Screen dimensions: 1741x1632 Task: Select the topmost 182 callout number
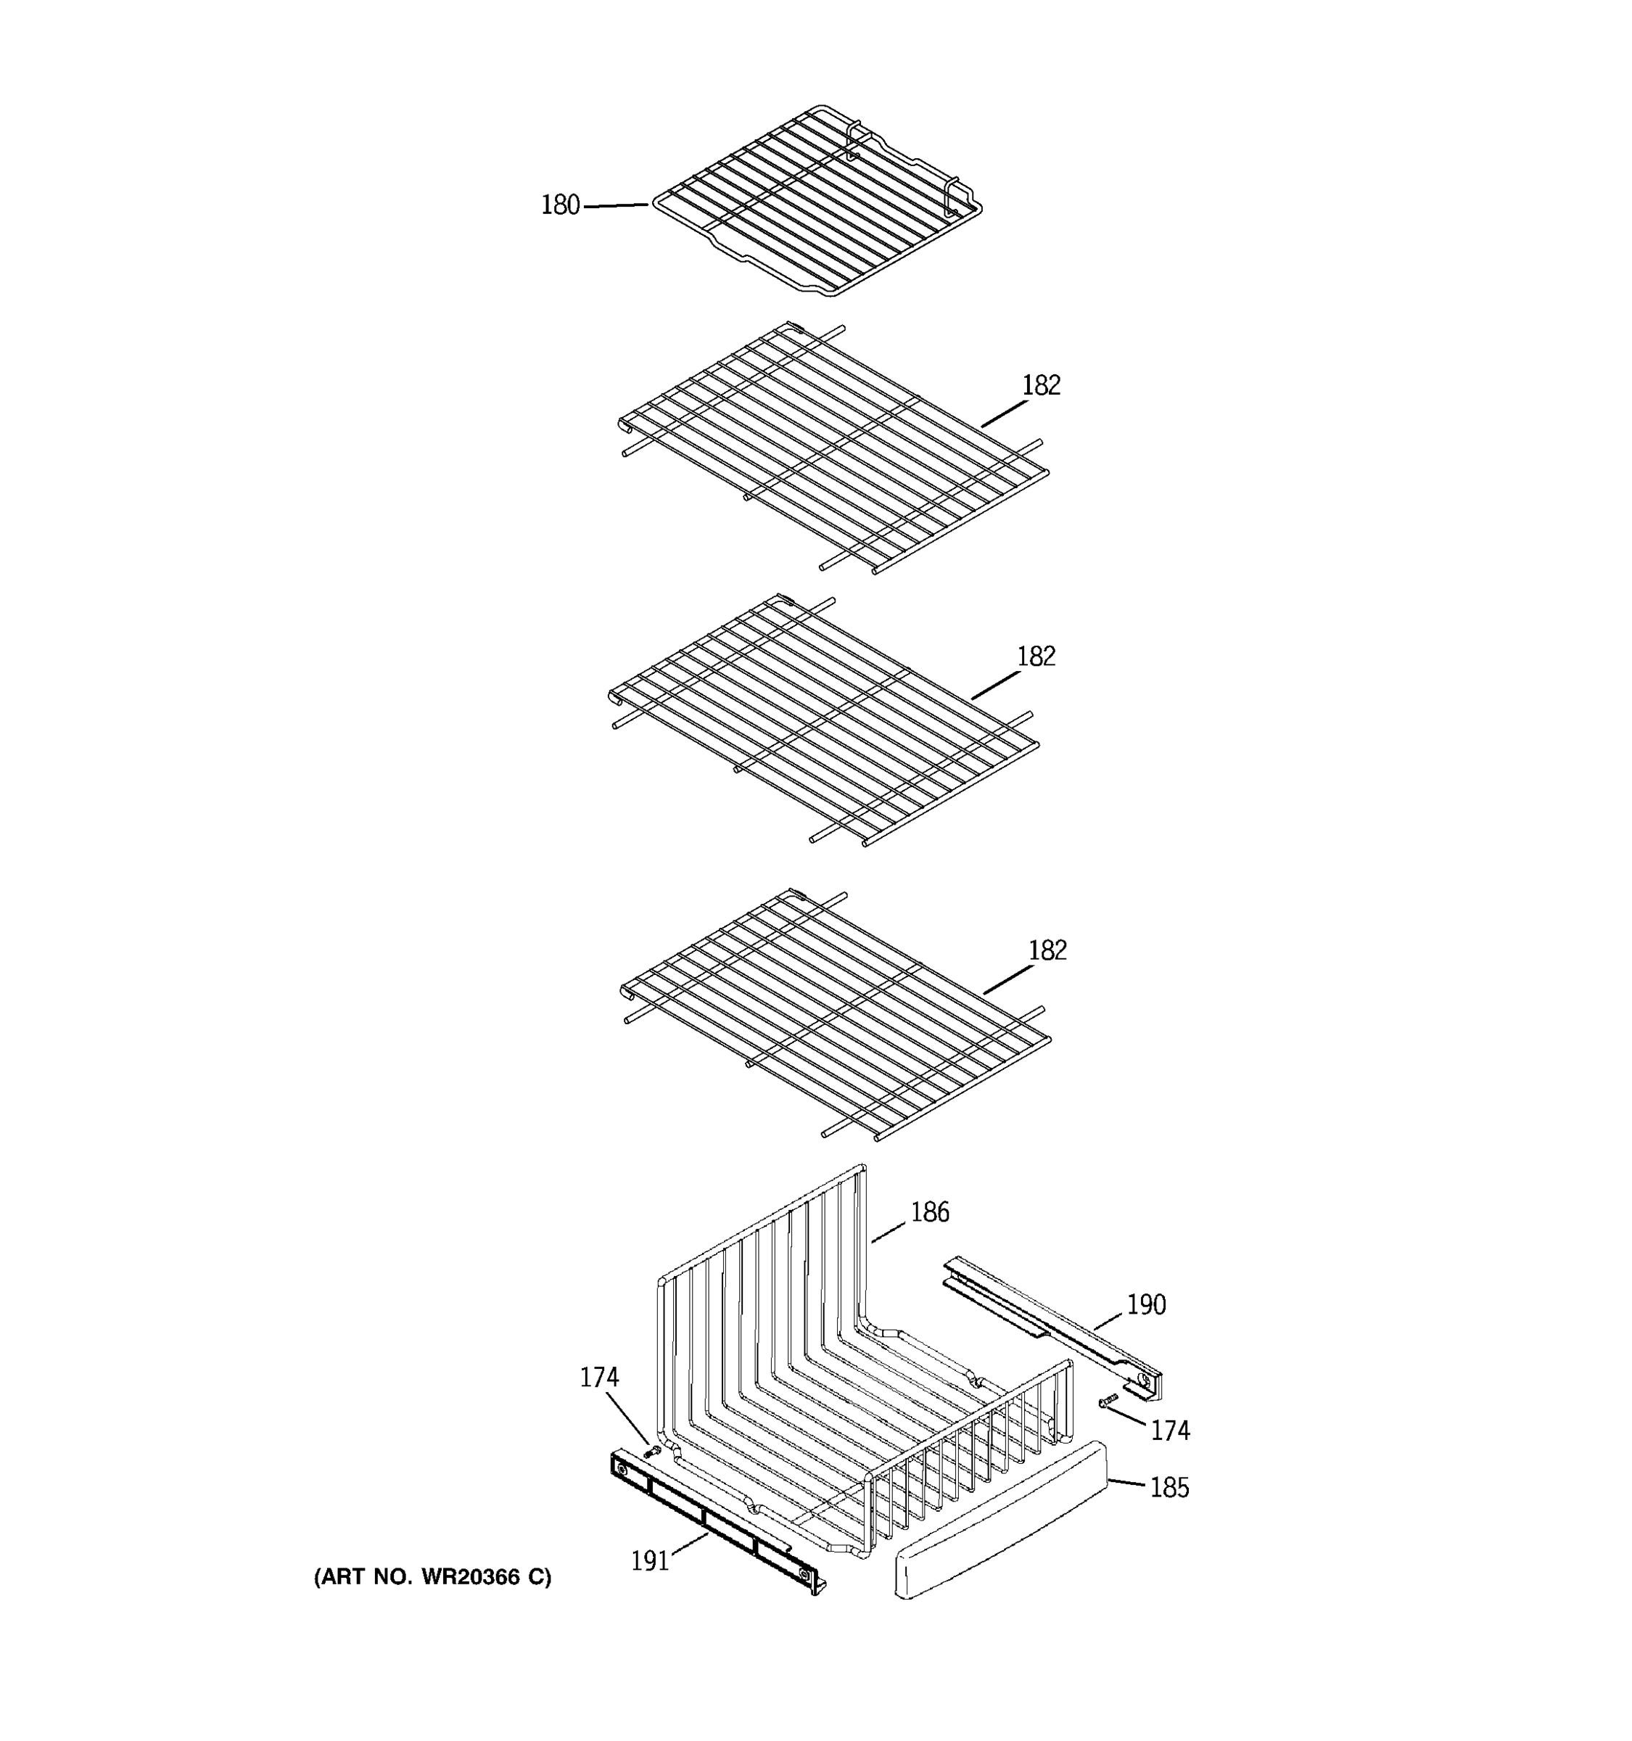pos(1041,385)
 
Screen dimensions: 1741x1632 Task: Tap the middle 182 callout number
pos(1036,656)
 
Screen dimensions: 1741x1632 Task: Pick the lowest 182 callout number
pos(1047,950)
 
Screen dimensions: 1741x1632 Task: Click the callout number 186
pos(930,1212)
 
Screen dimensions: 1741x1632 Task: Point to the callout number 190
pos(1145,1305)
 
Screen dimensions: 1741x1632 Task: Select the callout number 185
pos(1169,1487)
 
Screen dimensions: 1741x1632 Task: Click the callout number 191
pos(650,1560)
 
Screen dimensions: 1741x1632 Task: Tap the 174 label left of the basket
pos(599,1378)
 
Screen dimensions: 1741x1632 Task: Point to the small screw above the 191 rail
pos(651,1452)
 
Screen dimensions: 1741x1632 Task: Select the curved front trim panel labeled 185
pos(998,1528)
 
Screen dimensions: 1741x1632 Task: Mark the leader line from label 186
pos(888,1230)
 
